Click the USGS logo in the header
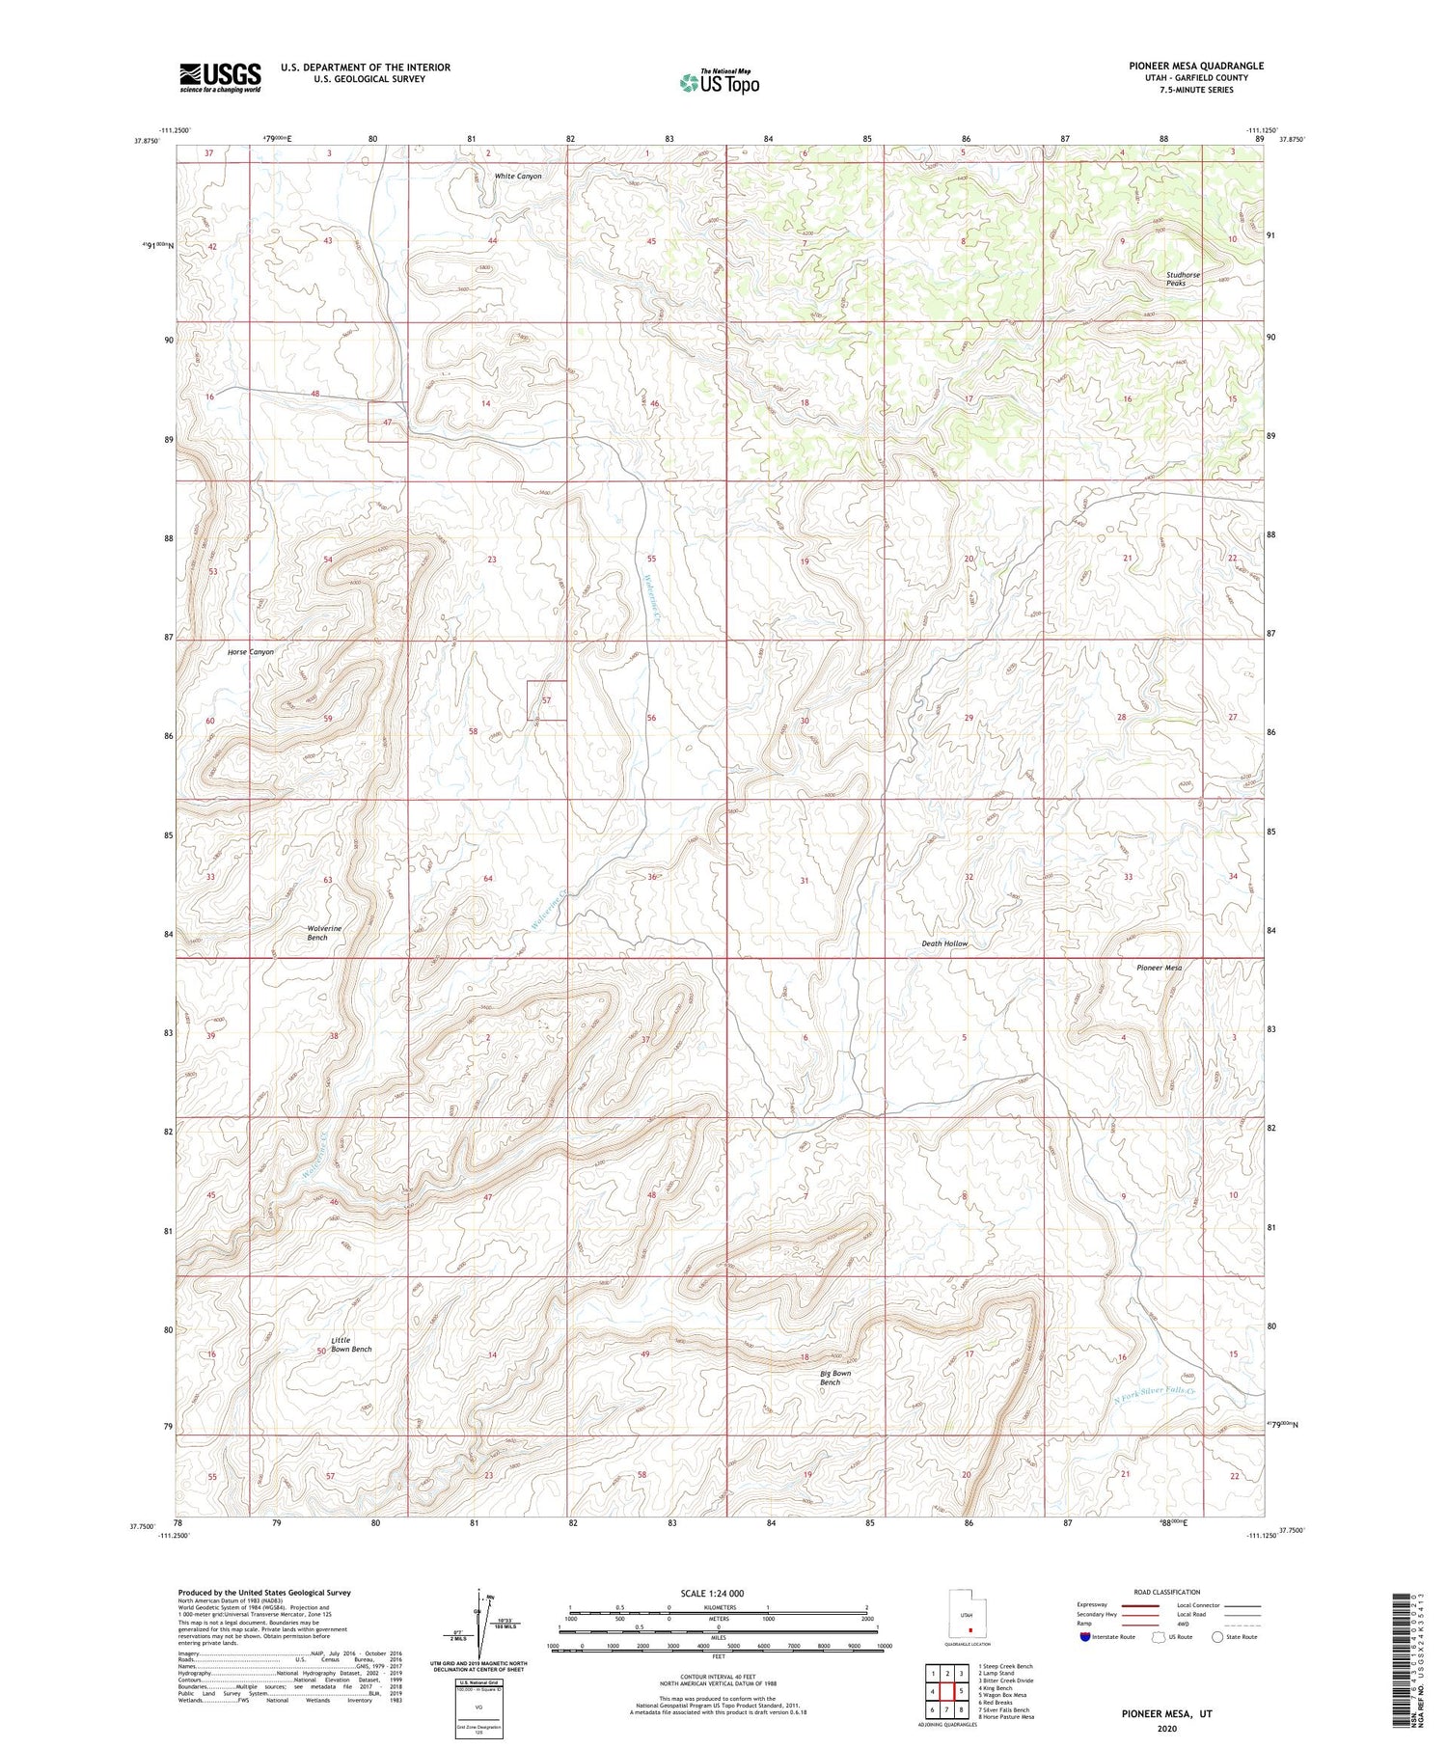point(220,77)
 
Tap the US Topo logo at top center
point(719,82)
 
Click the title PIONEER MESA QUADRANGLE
point(1183,66)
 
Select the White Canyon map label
point(518,177)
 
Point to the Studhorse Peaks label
point(1183,279)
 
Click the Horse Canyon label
point(251,652)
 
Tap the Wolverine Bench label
point(324,933)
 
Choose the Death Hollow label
point(943,943)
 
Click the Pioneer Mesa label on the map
point(1159,968)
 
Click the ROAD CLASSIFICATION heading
point(1167,1592)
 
